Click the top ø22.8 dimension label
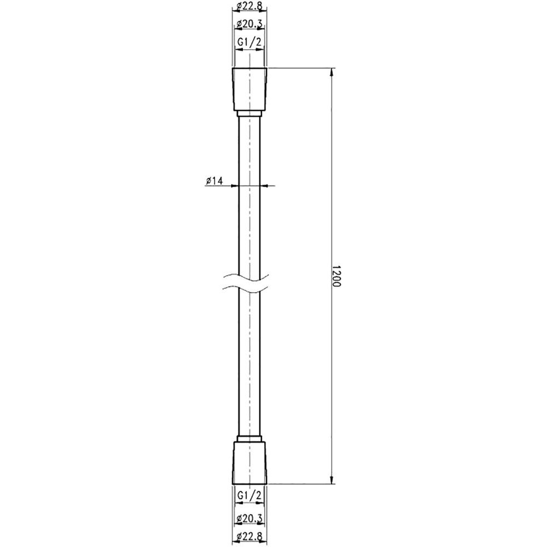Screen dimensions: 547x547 pyautogui.click(x=250, y=5)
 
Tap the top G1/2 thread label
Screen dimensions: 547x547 pyautogui.click(x=249, y=42)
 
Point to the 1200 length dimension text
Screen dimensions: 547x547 pyautogui.click(x=336, y=276)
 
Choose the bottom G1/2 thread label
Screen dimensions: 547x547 pyautogui.click(x=249, y=494)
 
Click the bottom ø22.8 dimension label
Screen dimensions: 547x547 pyautogui.click(x=250, y=536)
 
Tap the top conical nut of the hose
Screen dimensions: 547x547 pyautogui.click(x=250, y=89)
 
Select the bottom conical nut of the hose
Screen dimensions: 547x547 pyautogui.click(x=250, y=463)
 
